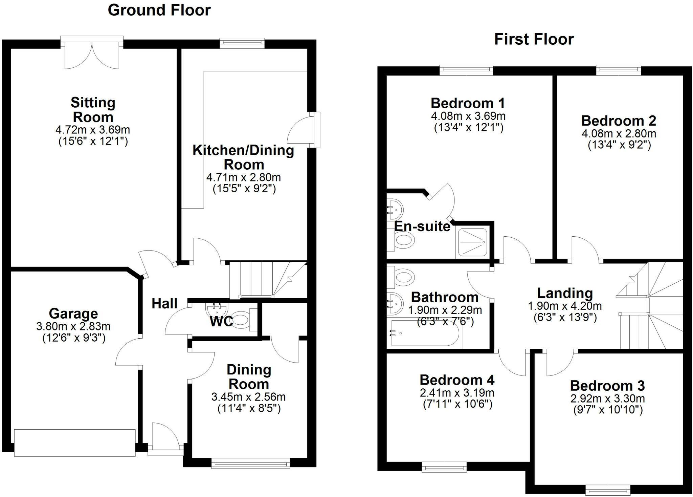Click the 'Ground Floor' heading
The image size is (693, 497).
coord(159,10)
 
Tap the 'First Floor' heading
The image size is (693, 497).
coord(534,39)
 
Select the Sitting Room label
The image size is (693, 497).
coord(93,110)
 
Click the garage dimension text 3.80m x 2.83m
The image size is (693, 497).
coord(73,327)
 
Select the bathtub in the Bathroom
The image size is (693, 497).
coord(425,333)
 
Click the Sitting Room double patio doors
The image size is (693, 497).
coord(92,54)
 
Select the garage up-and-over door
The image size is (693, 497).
coord(75,442)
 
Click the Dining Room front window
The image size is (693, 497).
coord(250,463)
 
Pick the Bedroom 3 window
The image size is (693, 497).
coord(608,490)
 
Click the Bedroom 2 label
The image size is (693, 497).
coord(619,121)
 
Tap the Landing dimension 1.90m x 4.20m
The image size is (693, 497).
coord(565,306)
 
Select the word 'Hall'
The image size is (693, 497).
coord(164,303)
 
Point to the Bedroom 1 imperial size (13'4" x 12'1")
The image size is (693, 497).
coord(469,128)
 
